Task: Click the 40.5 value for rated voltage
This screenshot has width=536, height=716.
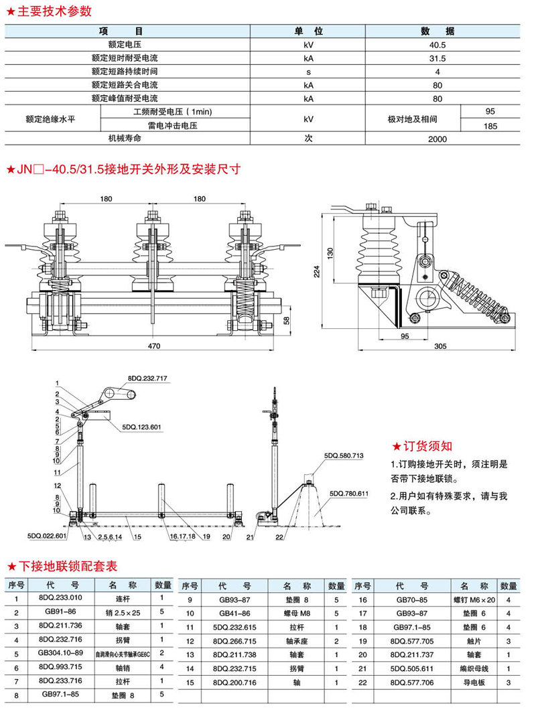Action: point(438,44)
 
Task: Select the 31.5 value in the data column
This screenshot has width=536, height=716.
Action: point(438,58)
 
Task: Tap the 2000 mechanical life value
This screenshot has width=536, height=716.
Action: point(438,139)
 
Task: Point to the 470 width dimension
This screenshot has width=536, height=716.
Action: point(155,346)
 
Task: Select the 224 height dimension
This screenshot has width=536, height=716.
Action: point(318,271)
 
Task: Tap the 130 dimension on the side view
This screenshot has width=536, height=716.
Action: point(330,253)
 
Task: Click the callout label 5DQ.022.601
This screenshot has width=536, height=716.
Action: point(47,536)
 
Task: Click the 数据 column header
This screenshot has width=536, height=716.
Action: point(438,31)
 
